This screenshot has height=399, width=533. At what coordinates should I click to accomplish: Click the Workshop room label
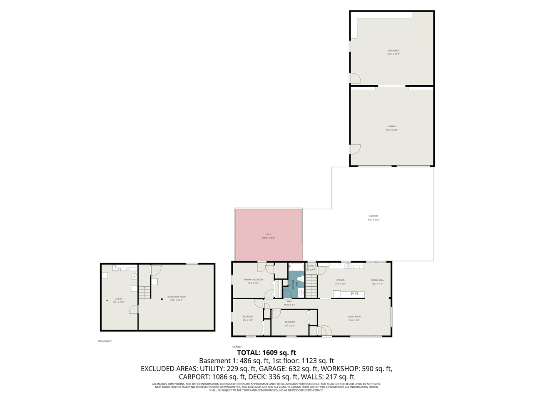pos(394,52)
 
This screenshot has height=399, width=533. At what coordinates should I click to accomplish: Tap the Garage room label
pos(392,128)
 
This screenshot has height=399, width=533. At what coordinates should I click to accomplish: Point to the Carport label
pos(374,218)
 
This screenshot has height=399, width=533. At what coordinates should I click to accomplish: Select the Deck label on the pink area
pos(269,236)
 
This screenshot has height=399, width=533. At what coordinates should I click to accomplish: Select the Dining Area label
pos(377,282)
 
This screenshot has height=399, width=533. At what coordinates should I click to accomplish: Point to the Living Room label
pos(354,318)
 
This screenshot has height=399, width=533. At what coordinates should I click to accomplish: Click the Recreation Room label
pos(176,298)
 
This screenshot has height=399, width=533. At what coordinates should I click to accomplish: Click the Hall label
pos(289,303)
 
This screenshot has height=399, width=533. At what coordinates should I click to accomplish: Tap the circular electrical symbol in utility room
pos(134,276)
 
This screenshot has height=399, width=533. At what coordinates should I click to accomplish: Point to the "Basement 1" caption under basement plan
pos(105,341)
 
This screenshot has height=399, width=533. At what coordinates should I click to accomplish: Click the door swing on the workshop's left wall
pos(355,78)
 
